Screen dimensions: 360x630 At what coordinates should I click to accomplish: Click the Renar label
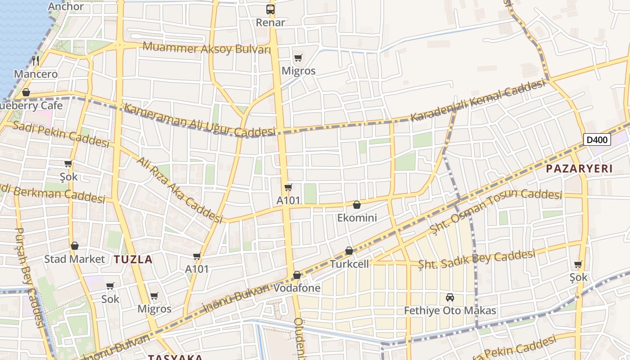(x=270, y=22)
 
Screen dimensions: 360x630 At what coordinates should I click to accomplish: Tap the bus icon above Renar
(x=270, y=9)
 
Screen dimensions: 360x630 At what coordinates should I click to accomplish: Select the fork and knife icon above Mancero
(x=36, y=61)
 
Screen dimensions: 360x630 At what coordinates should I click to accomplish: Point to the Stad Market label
(x=74, y=259)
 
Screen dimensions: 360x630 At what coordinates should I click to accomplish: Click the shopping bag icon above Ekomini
(x=357, y=205)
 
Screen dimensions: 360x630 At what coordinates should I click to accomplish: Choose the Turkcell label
(x=349, y=264)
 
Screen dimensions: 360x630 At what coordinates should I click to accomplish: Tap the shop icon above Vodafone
(x=297, y=275)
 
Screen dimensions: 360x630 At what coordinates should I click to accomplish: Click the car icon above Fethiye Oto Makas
(x=450, y=297)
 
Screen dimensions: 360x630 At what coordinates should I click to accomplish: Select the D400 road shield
(x=598, y=139)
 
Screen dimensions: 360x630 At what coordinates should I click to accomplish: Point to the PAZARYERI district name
(x=579, y=169)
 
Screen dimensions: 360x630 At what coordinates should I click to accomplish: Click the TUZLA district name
(x=133, y=259)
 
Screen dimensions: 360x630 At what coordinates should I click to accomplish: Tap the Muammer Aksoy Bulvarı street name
(x=207, y=48)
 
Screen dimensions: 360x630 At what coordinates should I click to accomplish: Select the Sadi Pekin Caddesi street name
(x=61, y=134)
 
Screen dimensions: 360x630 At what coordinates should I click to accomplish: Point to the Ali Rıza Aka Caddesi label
(x=180, y=190)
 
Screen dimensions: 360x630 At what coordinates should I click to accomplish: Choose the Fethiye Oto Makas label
(x=450, y=310)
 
